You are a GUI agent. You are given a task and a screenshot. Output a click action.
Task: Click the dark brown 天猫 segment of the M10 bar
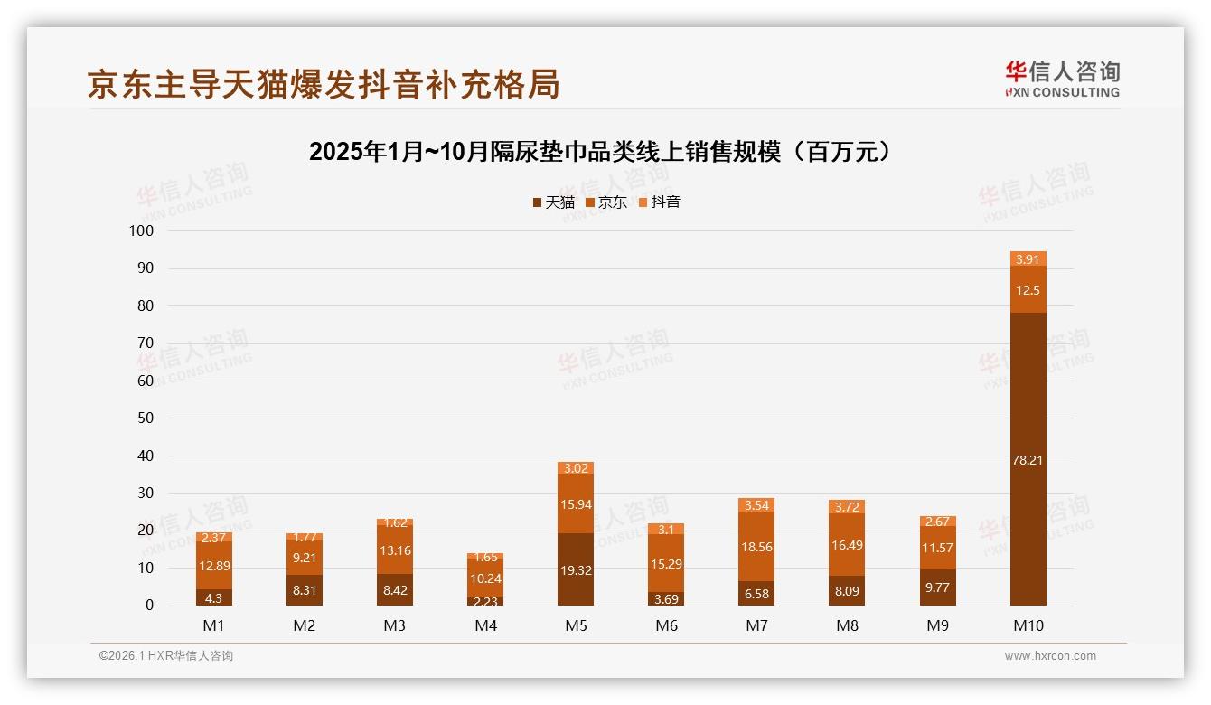pyautogui.click(x=1028, y=459)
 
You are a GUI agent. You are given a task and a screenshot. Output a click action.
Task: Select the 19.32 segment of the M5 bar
pyautogui.click(x=576, y=569)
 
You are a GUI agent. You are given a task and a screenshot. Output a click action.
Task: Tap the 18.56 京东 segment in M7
pyautogui.click(x=756, y=546)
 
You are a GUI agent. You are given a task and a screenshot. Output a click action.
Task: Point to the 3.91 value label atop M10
pyautogui.click(x=1028, y=259)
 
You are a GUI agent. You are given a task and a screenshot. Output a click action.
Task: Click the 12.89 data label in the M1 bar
pyautogui.click(x=214, y=565)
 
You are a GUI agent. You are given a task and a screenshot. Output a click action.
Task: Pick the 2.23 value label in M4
pyautogui.click(x=485, y=601)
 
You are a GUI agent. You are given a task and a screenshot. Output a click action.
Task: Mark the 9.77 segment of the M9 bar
pyautogui.click(x=937, y=587)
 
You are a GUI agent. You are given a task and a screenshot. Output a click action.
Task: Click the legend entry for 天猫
pyautogui.click(x=553, y=202)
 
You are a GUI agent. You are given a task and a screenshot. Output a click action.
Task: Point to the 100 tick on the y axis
pyautogui.click(x=142, y=231)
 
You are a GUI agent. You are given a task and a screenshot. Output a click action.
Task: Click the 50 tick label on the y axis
pyautogui.click(x=146, y=418)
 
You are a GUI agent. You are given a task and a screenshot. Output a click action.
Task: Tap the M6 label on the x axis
pyautogui.click(x=666, y=625)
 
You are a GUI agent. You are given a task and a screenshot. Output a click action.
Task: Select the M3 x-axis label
pyautogui.click(x=395, y=625)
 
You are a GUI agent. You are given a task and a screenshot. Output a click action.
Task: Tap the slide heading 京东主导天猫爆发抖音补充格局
pyautogui.click(x=324, y=84)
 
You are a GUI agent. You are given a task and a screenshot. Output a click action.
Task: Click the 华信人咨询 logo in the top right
pyautogui.click(x=1062, y=79)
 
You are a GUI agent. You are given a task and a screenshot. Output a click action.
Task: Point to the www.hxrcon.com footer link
pyautogui.click(x=1050, y=656)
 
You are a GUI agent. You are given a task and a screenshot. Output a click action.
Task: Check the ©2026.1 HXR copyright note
pyautogui.click(x=166, y=656)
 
